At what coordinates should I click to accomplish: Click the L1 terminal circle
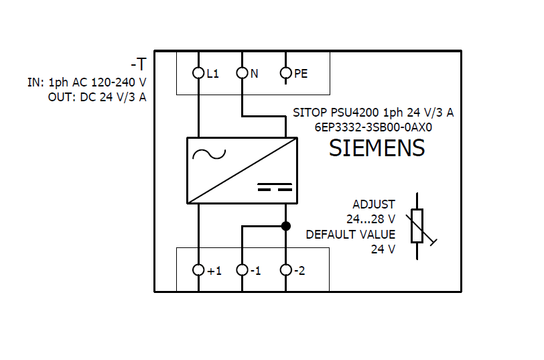198,73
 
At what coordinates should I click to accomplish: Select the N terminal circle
242,73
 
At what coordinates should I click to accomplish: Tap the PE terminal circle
285,73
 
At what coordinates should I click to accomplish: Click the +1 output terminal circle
198,270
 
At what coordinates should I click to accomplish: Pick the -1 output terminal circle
242,270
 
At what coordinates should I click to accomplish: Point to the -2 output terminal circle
285,270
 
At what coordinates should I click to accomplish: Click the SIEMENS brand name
377,148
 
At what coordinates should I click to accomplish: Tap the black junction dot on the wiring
285,226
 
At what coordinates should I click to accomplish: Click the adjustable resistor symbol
417,226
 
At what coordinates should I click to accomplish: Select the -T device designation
139,65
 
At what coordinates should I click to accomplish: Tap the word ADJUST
374,204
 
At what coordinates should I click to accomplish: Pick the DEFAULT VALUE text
350,235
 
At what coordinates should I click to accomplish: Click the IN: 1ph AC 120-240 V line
87,82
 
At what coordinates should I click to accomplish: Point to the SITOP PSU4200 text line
373,113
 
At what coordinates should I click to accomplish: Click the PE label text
301,74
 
